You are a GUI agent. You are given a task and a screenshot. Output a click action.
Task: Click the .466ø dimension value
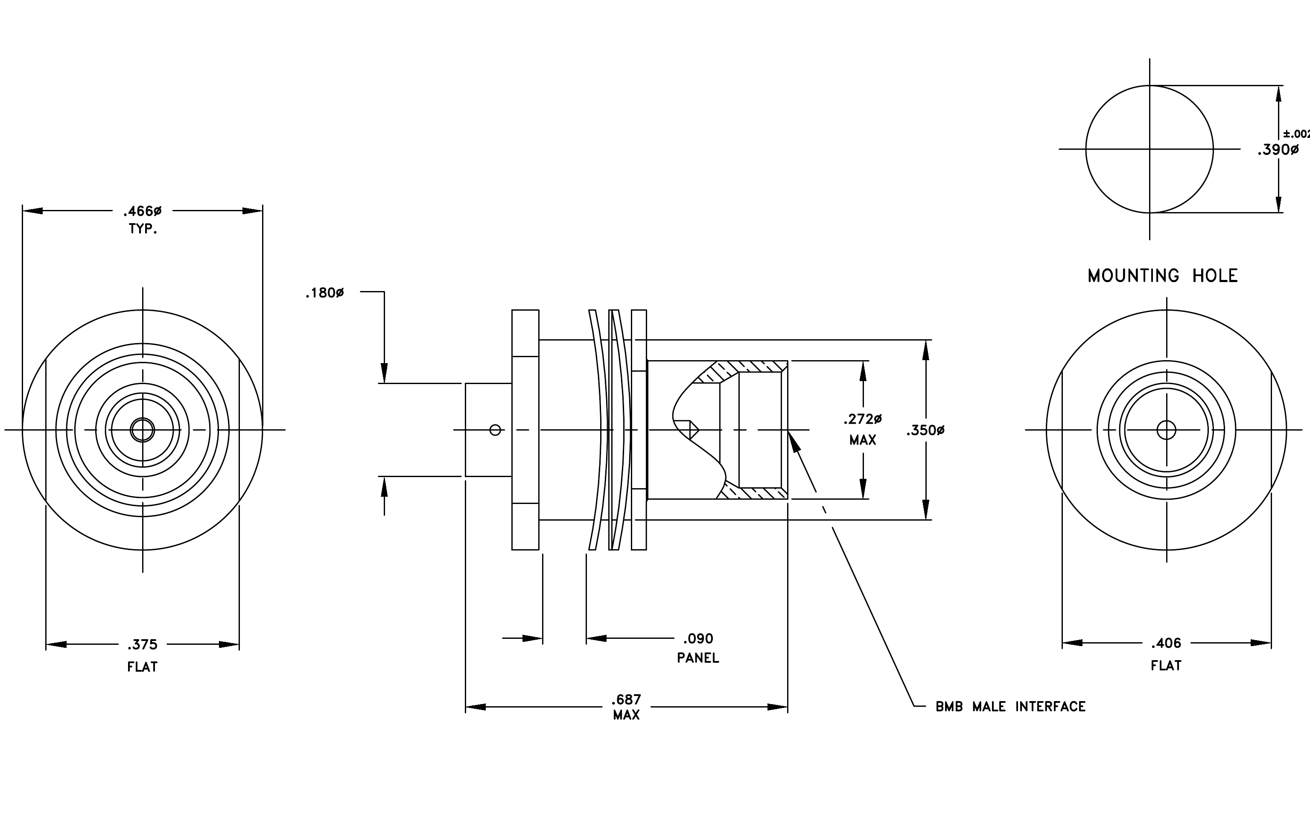pos(143,211)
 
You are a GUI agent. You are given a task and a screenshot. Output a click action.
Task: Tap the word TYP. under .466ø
pos(143,229)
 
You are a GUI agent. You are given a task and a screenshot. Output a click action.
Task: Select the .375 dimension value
pos(143,645)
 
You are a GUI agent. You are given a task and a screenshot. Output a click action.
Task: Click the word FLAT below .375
pos(143,667)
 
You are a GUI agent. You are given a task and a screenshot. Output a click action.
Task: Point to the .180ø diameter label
pos(325,294)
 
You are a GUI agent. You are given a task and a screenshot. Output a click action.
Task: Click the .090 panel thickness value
pos(698,638)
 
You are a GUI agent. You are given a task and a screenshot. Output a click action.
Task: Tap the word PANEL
pos(698,658)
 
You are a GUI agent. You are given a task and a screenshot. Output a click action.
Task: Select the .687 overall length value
pos(626,699)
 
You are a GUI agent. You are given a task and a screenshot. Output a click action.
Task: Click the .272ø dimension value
pos(863,419)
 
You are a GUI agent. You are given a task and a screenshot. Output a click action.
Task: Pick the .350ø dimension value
pos(925,431)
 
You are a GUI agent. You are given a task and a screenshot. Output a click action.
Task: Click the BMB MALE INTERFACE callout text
pos(1010,707)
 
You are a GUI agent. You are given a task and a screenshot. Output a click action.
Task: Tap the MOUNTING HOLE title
pos(1163,276)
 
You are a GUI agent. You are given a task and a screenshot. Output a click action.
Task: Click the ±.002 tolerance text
pos(1296,134)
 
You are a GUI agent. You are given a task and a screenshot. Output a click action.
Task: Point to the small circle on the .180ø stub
pos(495,430)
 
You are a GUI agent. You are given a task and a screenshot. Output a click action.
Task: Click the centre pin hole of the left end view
pos(143,430)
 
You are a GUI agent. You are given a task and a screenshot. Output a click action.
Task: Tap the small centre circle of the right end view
pos(1167,430)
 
